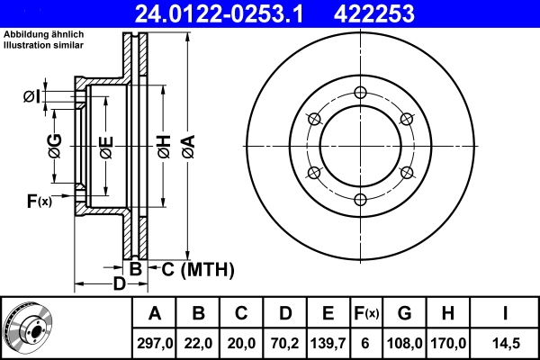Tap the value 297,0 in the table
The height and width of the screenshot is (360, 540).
click(155, 343)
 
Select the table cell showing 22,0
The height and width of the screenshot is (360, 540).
click(199, 343)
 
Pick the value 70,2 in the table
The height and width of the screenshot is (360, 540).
click(285, 343)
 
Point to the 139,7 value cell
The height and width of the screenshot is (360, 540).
click(328, 343)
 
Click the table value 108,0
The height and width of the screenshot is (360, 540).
click(404, 343)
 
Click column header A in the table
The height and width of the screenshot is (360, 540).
click(155, 314)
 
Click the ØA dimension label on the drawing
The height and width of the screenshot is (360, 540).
click(187, 146)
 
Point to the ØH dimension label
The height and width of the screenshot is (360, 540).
click(164, 146)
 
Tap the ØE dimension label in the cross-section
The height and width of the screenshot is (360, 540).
click(105, 146)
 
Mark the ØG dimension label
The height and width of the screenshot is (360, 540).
click(54, 146)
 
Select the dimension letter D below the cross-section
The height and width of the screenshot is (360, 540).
click(118, 284)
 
